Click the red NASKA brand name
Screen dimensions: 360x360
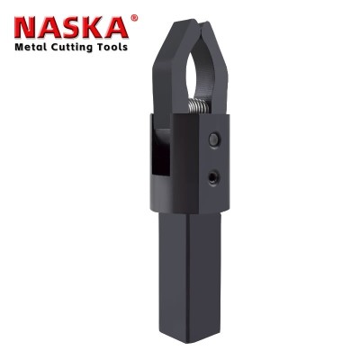(x=71, y=27)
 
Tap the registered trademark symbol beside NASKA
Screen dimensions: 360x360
(x=135, y=18)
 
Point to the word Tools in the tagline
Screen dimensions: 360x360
(x=112, y=47)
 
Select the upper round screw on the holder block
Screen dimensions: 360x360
(x=213, y=139)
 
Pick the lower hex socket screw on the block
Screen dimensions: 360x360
(x=213, y=177)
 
